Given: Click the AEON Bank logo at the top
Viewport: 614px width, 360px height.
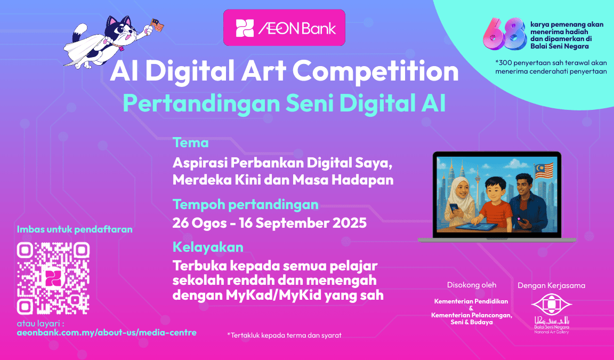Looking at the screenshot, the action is tap(284, 28).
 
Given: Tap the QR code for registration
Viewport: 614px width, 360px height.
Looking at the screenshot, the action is tap(53, 278).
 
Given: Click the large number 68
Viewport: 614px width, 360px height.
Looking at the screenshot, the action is tap(505, 35).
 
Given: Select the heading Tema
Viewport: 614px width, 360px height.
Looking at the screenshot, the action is tap(191, 142).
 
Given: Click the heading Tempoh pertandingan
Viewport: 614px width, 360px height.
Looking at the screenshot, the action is tap(246, 204).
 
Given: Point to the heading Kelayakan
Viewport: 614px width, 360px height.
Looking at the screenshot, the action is tap(208, 247).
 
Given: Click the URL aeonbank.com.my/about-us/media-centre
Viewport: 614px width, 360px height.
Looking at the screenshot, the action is tap(107, 333).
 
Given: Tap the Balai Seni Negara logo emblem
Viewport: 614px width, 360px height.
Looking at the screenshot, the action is tap(551, 305).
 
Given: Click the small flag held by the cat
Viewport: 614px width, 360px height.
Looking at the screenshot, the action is tap(157, 25).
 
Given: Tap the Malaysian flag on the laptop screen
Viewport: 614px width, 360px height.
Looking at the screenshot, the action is tap(544, 172).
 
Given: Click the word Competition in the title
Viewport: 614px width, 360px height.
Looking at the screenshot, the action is tap(375, 71).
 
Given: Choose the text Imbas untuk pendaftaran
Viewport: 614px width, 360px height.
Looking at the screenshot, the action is tap(75, 229).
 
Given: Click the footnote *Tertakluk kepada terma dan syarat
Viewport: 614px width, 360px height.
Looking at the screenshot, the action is tap(284, 335).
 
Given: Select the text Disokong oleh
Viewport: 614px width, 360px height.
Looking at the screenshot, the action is tap(472, 285).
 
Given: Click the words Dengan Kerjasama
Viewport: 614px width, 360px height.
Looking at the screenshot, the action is tap(551, 285).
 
